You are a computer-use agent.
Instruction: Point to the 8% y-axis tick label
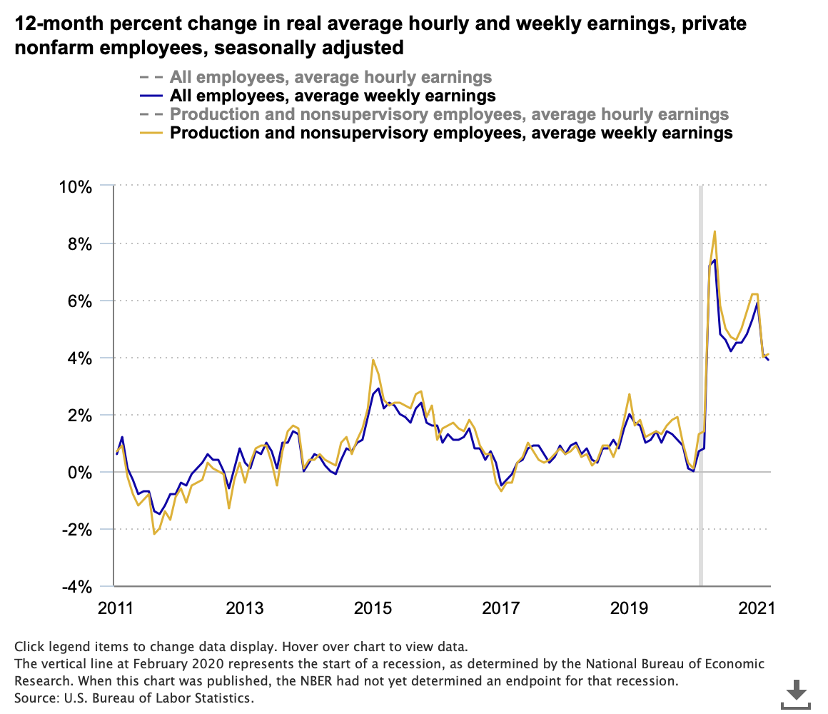coord(79,244)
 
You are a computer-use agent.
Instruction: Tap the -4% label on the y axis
coord(76,587)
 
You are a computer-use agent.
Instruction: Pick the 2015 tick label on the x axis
coord(372,608)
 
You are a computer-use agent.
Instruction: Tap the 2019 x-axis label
coord(629,608)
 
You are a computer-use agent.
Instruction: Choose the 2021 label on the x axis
coord(757,608)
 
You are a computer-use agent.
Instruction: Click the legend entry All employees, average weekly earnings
coord(333,96)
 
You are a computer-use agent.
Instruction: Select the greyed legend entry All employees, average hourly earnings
coord(330,77)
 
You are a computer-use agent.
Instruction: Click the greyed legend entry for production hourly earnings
coord(449,114)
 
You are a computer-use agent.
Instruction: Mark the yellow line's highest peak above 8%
coord(715,231)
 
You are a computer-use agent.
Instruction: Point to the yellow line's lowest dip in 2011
coord(153,533)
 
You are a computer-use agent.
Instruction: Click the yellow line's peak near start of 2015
coord(373,360)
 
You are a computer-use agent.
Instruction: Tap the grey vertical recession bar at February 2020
coord(701,386)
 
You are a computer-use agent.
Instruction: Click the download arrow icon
coord(797,693)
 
